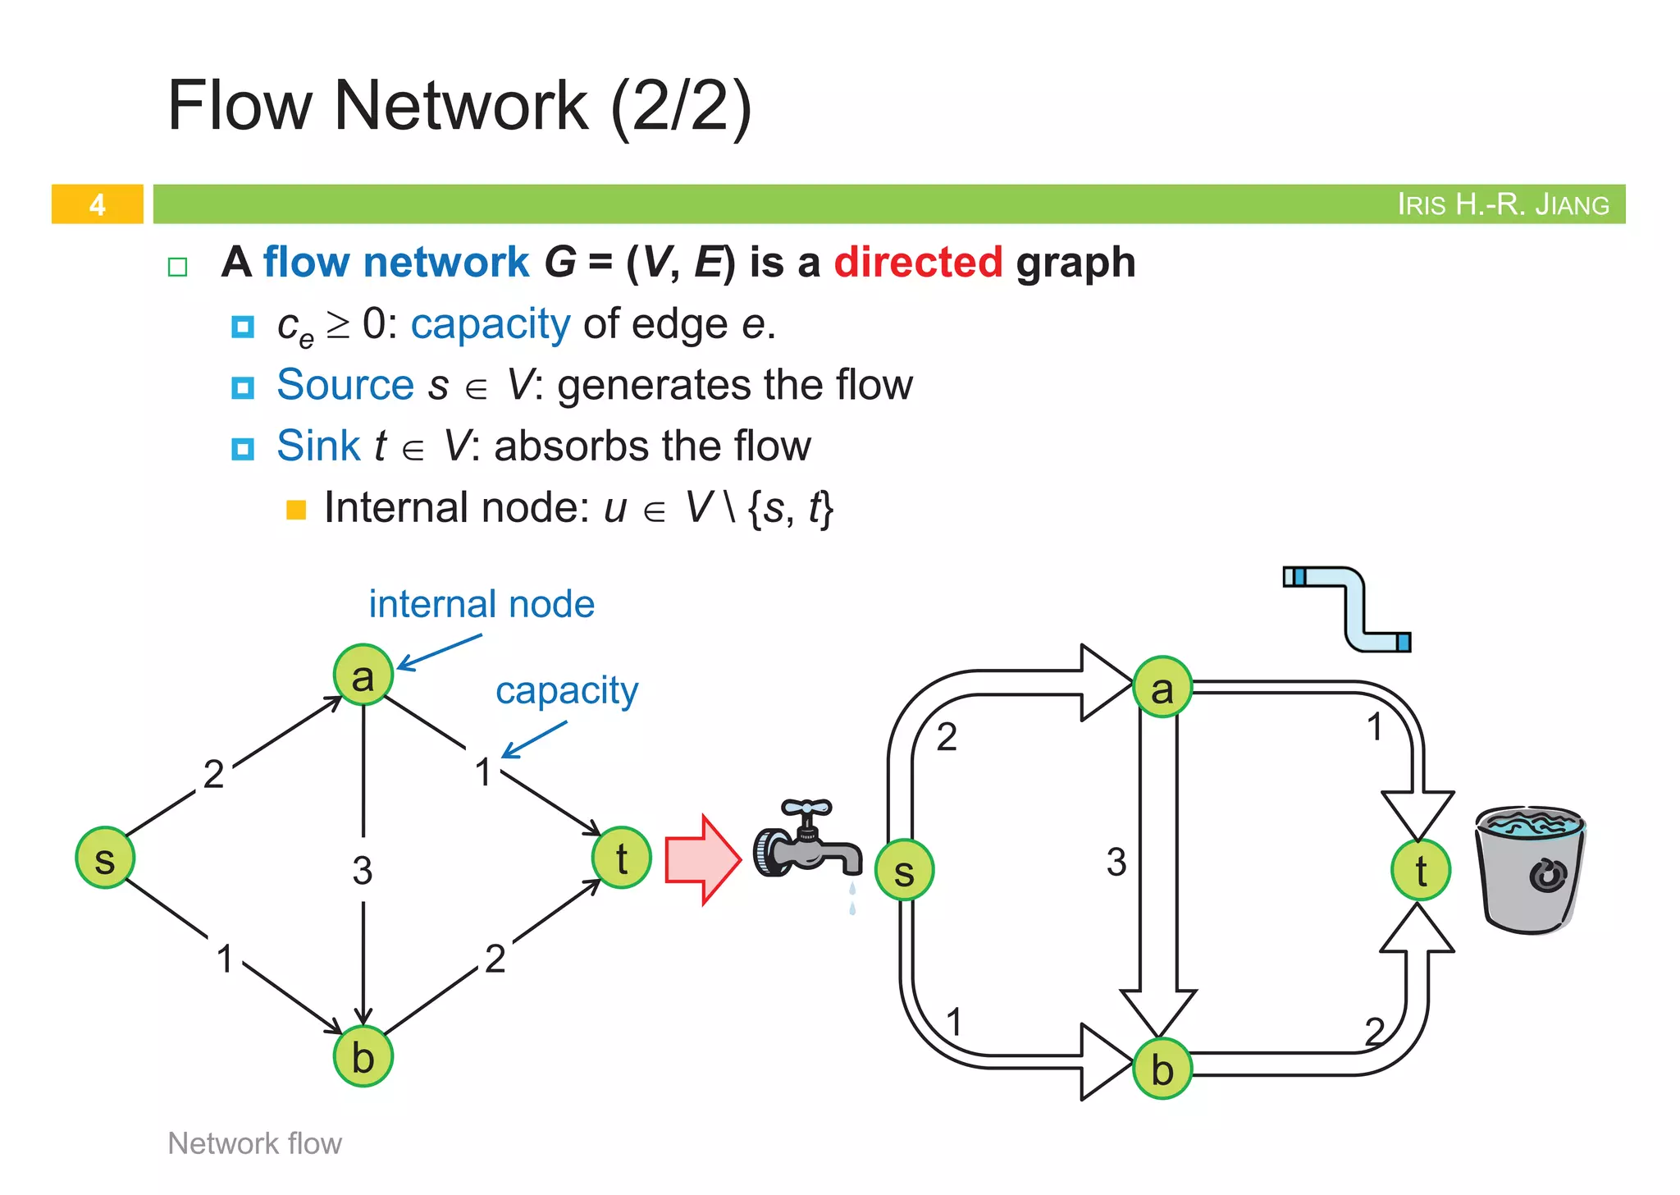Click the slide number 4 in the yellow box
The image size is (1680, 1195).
(97, 204)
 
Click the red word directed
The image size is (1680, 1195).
(918, 263)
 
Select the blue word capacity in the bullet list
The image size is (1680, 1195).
(490, 324)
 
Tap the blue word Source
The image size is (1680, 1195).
(345, 385)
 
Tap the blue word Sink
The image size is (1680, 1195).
(318, 446)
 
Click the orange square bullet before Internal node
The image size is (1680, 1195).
(296, 510)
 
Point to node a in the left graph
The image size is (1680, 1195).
(363, 675)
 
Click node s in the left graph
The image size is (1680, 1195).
(105, 858)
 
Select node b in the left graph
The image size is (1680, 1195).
(363, 1056)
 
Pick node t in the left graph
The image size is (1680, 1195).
(621, 858)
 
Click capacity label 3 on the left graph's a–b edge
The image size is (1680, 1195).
(363, 870)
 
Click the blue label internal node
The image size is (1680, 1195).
(482, 605)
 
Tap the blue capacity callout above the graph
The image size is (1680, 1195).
(567, 691)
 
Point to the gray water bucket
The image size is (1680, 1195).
(1531, 870)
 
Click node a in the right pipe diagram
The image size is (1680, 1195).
(1162, 688)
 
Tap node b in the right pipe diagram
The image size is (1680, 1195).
(1162, 1069)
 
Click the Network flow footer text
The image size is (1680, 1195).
(254, 1143)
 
